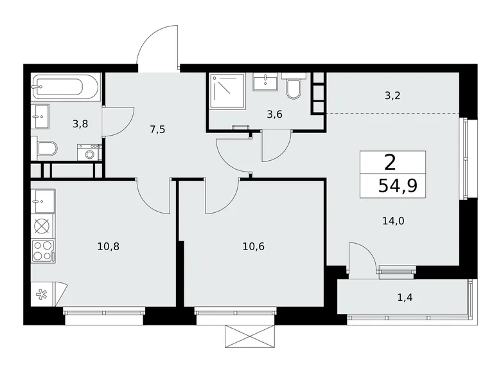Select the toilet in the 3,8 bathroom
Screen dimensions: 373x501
coord(47,150)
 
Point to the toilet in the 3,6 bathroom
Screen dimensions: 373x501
coord(294,88)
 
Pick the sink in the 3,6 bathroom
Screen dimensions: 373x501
coord(265,82)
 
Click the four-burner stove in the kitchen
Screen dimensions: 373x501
coord(42,250)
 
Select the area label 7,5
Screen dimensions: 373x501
coord(158,129)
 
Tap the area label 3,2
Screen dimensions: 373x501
coord(392,96)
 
